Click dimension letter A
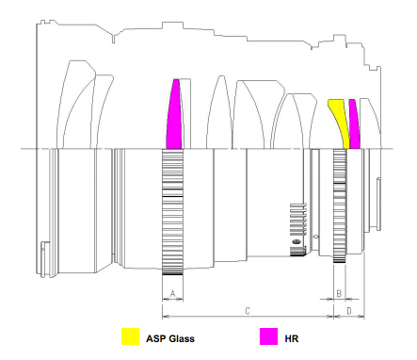coord(172,294)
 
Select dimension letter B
coord(339,294)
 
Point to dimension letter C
coord(248,311)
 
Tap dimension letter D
coord(349,311)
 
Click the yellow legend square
coord(130,336)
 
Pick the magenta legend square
coord(268,336)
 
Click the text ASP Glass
coord(170,338)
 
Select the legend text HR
coord(292,338)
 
